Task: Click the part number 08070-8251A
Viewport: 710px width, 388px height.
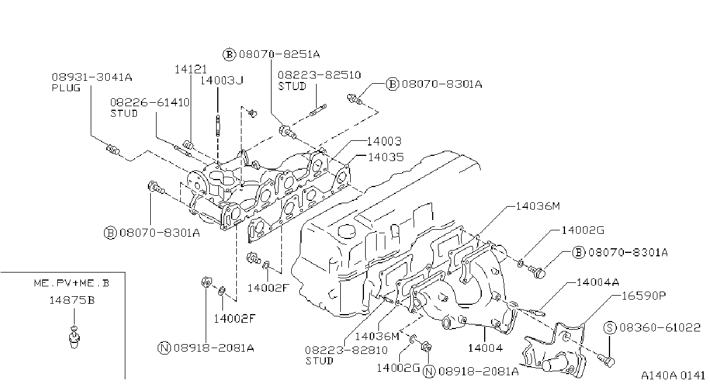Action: pos(279,54)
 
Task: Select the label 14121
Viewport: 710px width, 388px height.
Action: pos(191,69)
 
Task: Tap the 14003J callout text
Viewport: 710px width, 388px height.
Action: pos(221,80)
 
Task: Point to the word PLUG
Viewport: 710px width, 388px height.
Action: pos(66,88)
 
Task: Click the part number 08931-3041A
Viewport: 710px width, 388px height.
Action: pos(92,77)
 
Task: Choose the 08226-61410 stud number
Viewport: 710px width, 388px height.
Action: pos(150,103)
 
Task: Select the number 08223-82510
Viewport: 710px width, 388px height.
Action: pos(319,75)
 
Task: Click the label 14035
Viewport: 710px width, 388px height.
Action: pos(386,157)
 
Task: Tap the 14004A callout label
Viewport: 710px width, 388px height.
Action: pos(597,282)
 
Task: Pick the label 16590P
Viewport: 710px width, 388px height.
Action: pos(644,296)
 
